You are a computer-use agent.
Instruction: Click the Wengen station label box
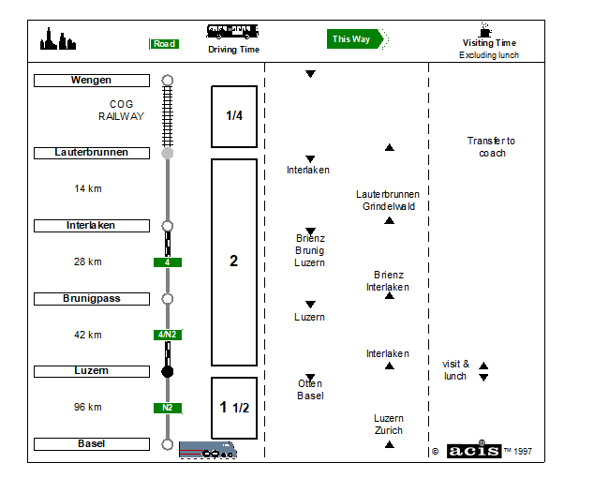[92, 81]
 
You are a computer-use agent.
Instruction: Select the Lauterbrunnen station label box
[92, 153]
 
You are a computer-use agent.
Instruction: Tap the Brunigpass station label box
[92, 299]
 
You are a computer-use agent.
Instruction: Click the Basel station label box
[92, 444]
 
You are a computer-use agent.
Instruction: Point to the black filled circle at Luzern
[168, 372]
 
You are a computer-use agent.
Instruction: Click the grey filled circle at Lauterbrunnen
[168, 153]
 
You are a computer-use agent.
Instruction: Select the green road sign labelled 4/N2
[168, 335]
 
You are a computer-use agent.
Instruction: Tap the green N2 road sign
[168, 408]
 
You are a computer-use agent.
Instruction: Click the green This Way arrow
[355, 39]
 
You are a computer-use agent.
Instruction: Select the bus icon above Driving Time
[232, 32]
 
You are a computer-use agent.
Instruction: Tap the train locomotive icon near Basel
[208, 450]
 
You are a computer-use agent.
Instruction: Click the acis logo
[474, 451]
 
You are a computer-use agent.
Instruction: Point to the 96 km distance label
[88, 408]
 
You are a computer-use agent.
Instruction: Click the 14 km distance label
[88, 188]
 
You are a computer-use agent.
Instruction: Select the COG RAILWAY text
[121, 111]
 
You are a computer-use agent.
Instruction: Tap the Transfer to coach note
[491, 147]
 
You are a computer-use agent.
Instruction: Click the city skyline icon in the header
[58, 38]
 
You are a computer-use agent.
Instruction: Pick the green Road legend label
[164, 44]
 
